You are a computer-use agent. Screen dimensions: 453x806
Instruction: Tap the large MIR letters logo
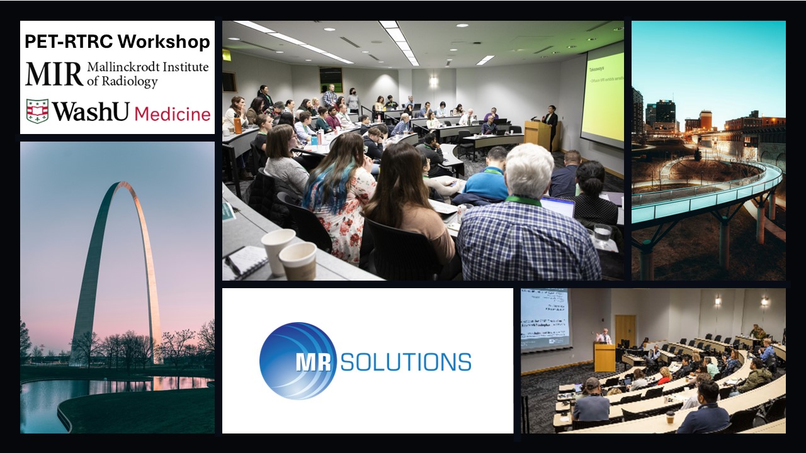click(x=54, y=74)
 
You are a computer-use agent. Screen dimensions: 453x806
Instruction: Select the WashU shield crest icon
click(x=37, y=111)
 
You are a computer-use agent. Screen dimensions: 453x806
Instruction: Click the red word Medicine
click(x=173, y=114)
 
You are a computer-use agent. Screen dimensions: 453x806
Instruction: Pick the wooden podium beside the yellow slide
click(x=536, y=134)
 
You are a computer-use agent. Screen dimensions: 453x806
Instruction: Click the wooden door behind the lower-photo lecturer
click(x=625, y=330)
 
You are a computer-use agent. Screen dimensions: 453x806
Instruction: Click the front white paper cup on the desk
click(x=298, y=260)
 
